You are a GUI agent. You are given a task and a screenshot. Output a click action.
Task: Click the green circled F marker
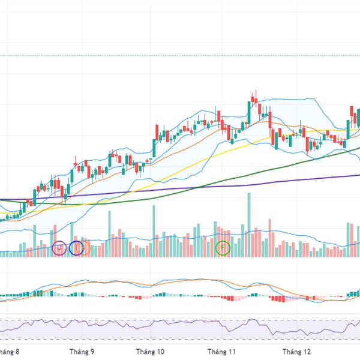tap(223, 247)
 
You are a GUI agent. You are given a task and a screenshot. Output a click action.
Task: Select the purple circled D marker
tap(59, 247)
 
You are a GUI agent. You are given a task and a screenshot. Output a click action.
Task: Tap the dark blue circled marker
tap(76, 247)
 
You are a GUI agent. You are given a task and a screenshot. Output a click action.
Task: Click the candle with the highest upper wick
tap(255, 98)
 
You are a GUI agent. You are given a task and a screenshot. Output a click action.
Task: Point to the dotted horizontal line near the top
tap(180, 55)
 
